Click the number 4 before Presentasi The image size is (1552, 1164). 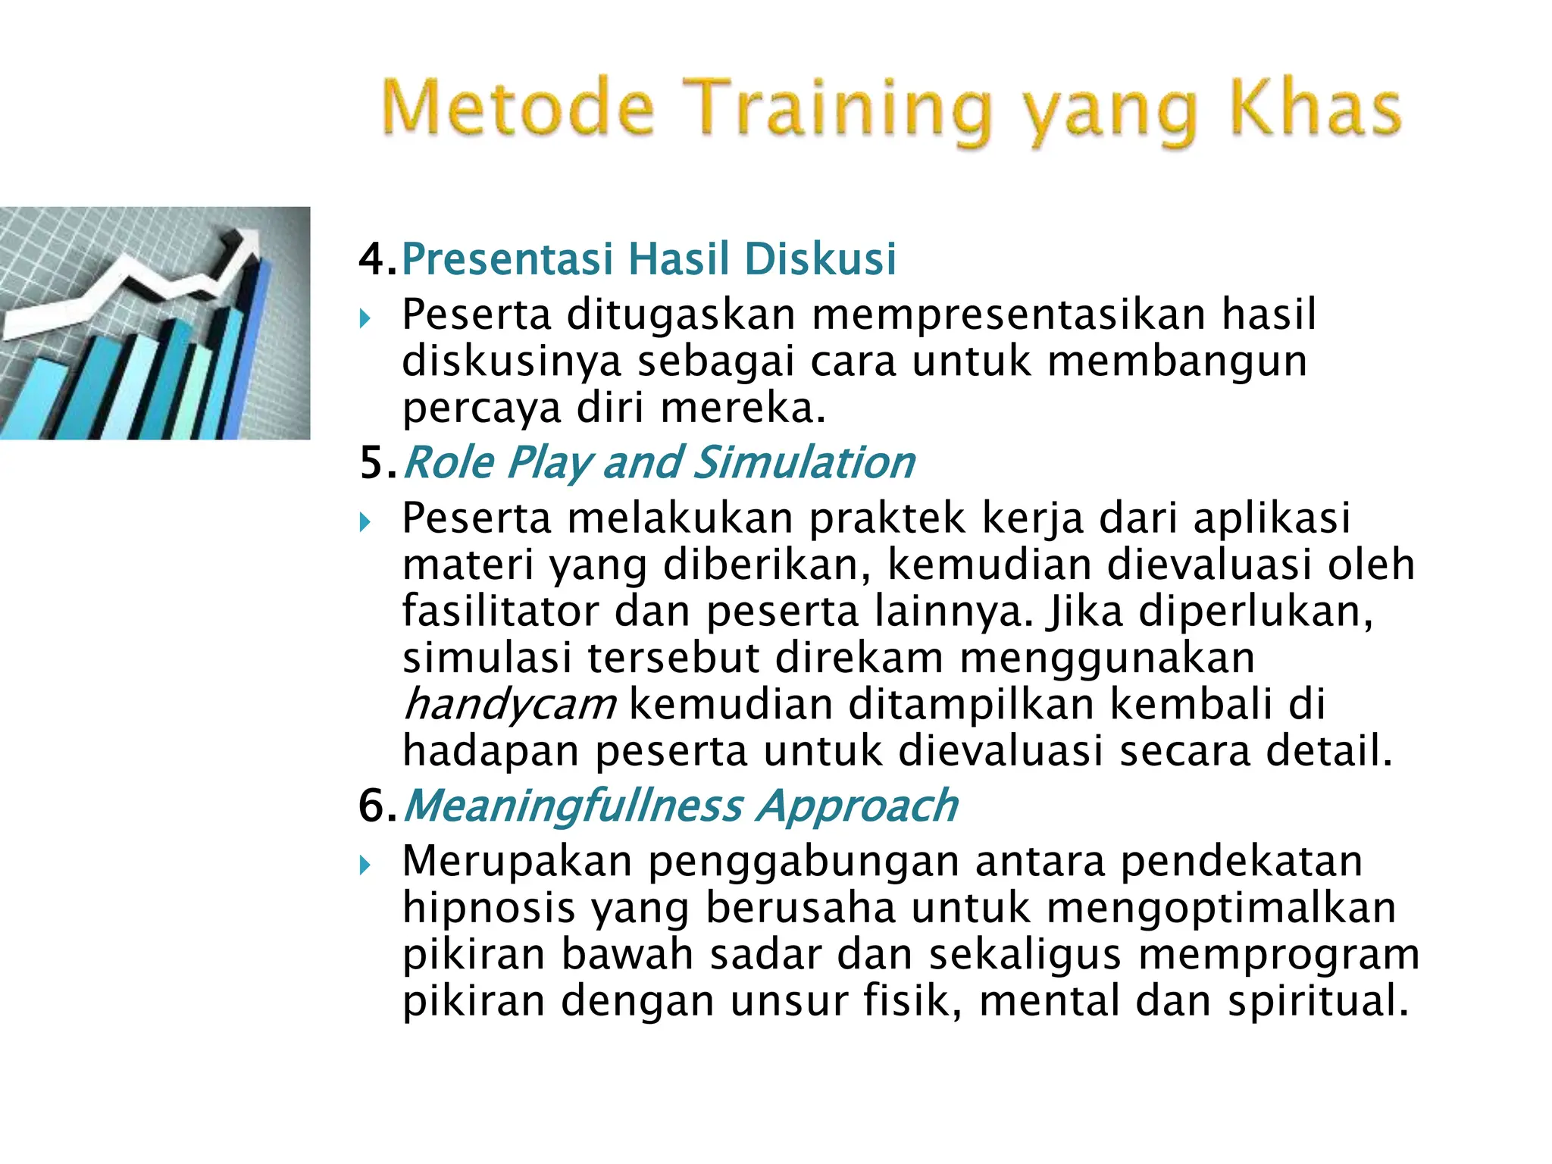pos(373,259)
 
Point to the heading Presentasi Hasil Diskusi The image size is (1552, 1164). pos(649,258)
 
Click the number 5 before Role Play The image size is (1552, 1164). pos(373,463)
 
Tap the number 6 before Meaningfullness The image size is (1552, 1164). pos(373,806)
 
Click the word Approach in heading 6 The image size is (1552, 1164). pos(857,806)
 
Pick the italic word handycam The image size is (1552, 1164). pos(509,705)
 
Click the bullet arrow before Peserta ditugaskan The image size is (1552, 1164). pos(365,318)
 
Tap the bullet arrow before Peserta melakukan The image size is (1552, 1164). pos(365,522)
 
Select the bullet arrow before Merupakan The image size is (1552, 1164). pos(365,865)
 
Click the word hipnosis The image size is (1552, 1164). pos(489,908)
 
